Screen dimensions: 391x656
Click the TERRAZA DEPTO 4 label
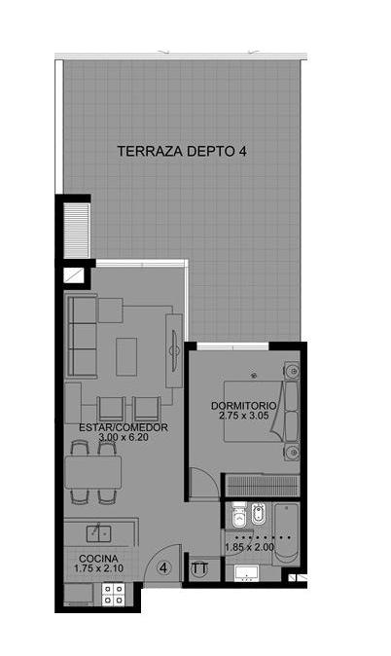point(182,151)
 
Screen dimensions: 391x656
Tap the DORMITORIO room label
point(243,406)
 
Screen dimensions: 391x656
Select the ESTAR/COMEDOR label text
point(124,427)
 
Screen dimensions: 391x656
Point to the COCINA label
point(98,559)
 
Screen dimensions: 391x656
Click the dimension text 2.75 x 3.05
point(243,416)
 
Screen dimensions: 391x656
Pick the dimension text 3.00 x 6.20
point(124,437)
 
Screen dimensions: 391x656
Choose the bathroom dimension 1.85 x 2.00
point(249,547)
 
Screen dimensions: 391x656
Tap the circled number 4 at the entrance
point(163,567)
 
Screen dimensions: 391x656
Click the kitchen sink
point(98,533)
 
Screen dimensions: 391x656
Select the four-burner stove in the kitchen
point(114,595)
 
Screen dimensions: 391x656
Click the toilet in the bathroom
point(238,516)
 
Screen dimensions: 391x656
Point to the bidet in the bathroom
point(259,513)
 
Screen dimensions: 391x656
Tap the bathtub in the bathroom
point(287,533)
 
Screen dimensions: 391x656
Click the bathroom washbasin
point(246,573)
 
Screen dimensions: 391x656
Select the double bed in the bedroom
point(262,412)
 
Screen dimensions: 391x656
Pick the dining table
point(92,472)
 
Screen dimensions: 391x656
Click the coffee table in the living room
point(126,356)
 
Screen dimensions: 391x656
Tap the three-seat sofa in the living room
point(82,336)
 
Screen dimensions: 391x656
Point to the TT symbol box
point(199,569)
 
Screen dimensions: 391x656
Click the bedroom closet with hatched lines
point(263,486)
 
